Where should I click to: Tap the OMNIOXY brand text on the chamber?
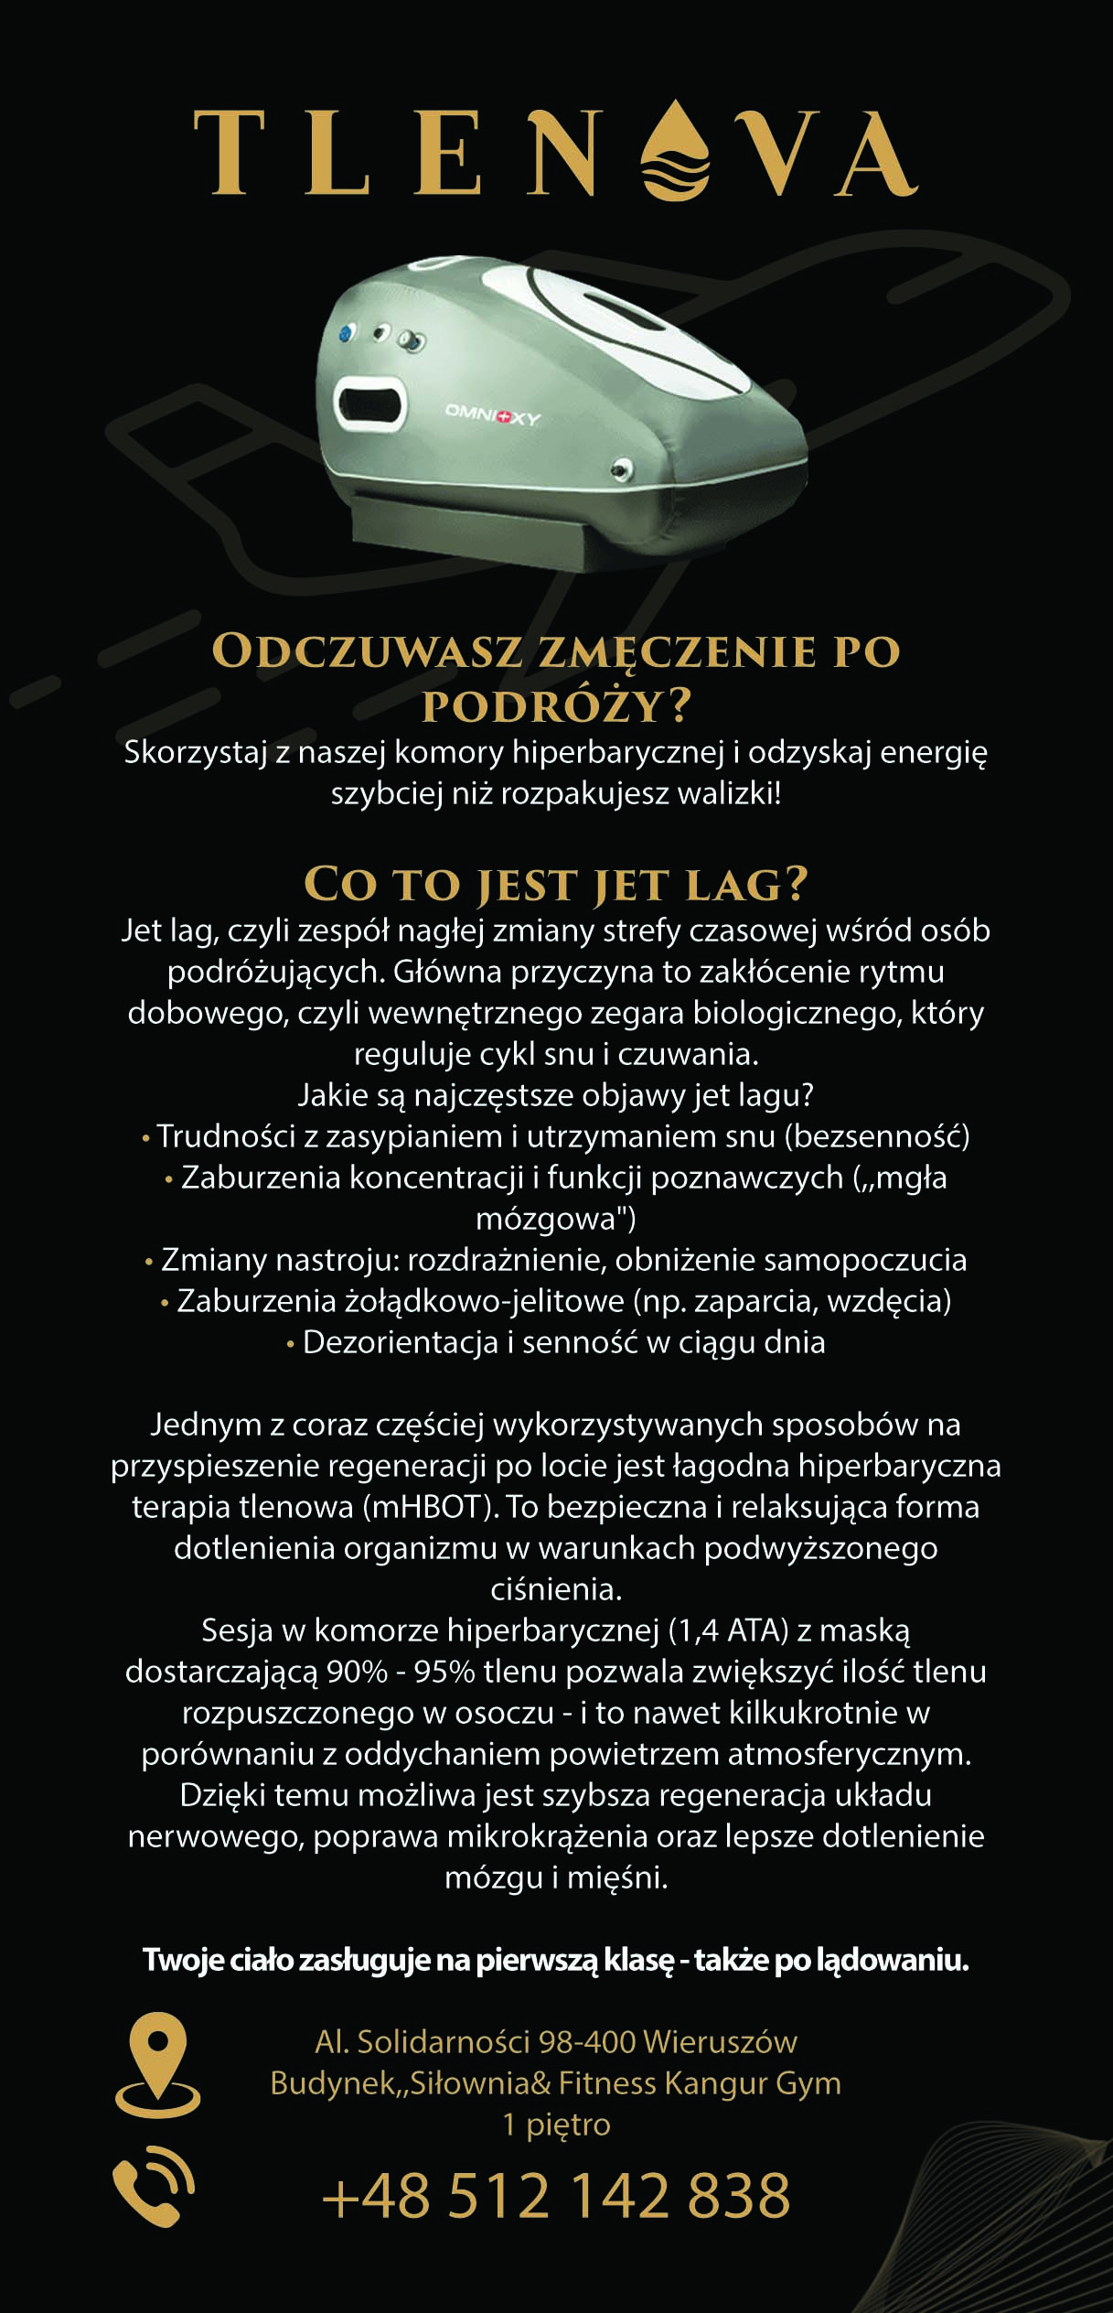(492, 414)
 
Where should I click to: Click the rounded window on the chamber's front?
(369, 402)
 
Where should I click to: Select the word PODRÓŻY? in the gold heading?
(556, 705)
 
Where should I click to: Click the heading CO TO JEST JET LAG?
(556, 884)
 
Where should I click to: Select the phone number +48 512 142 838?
(556, 2194)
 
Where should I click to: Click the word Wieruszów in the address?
(720, 2041)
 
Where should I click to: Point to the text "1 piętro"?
(556, 2124)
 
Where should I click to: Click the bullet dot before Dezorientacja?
(291, 1344)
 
